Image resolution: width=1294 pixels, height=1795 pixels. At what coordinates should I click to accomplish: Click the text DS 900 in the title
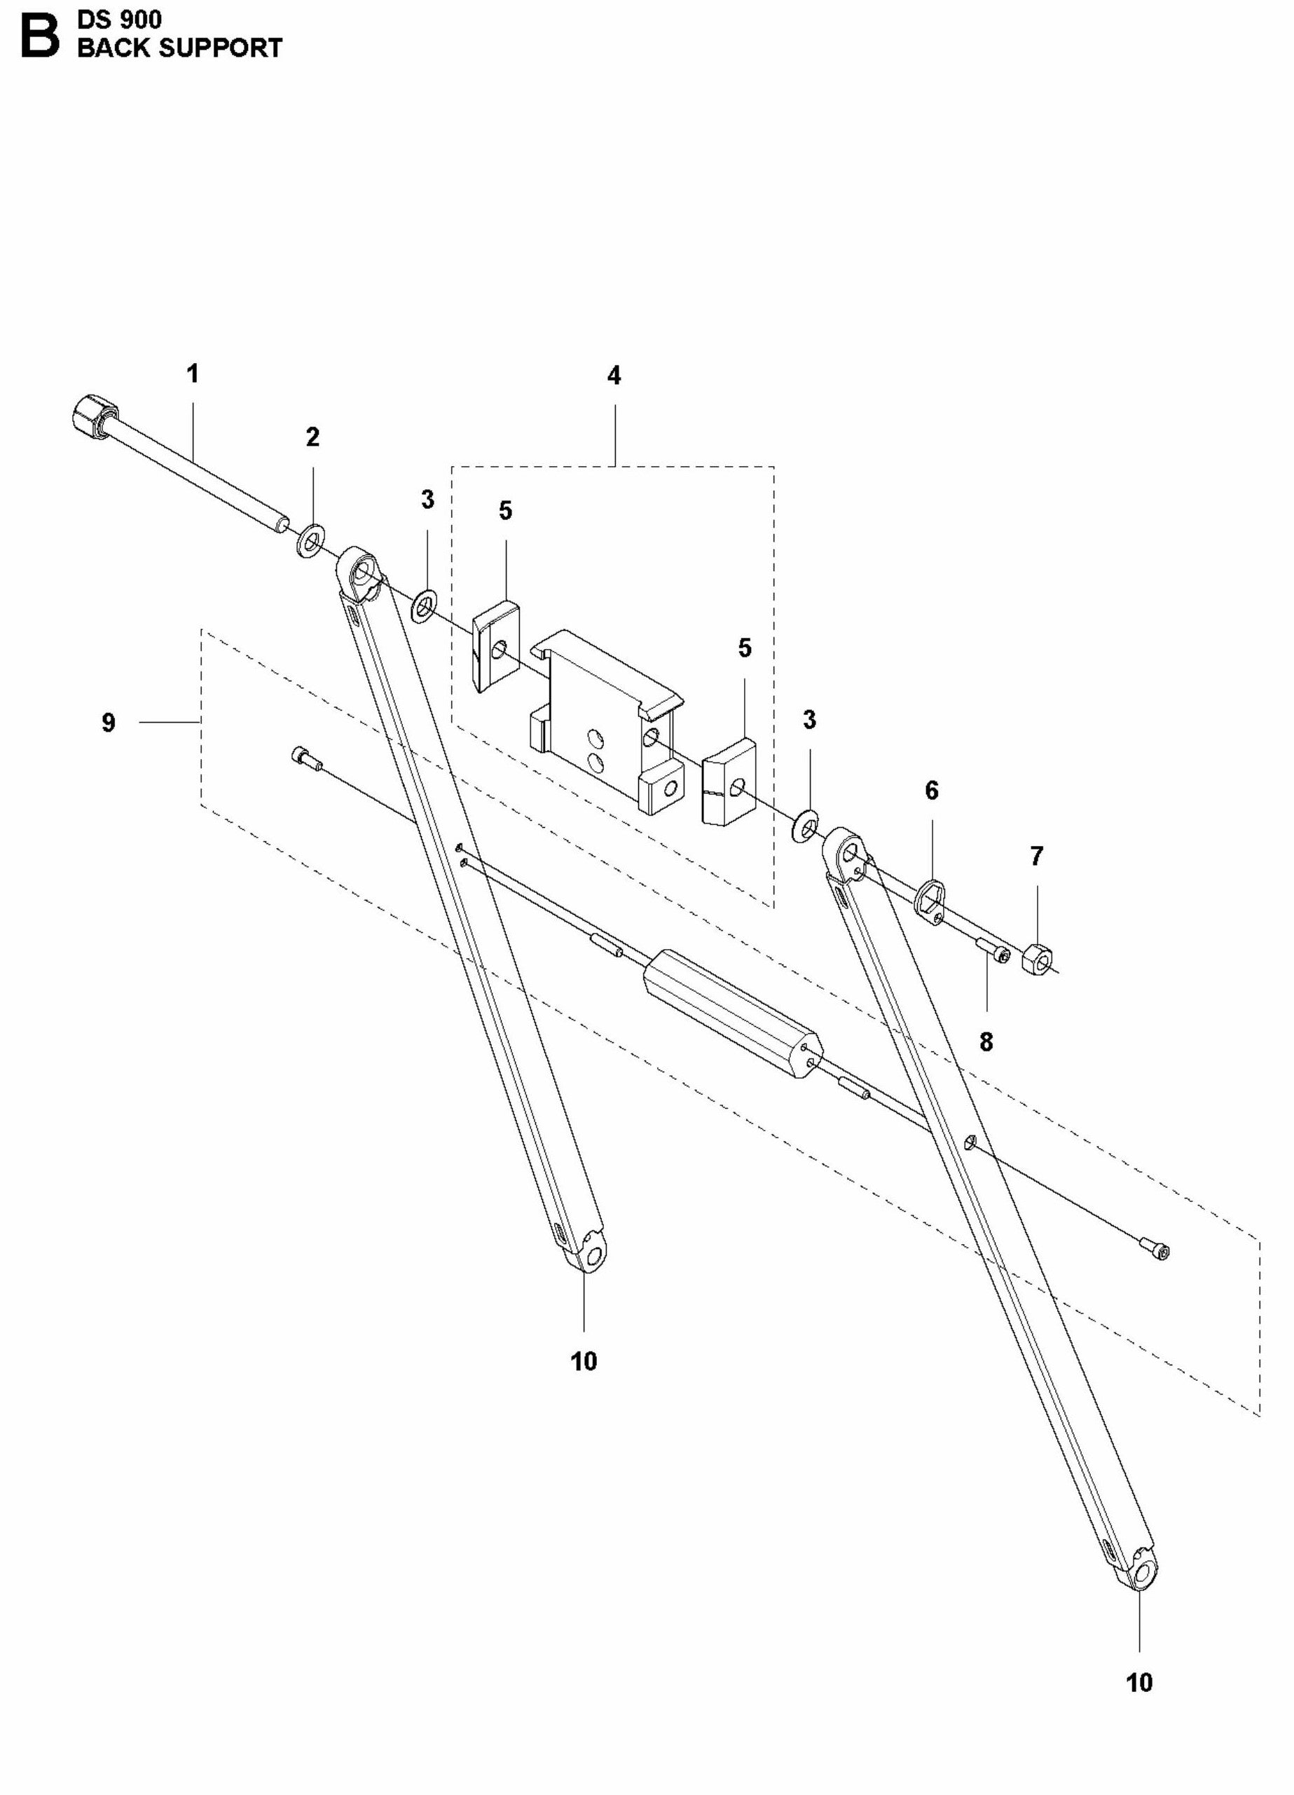[118, 19]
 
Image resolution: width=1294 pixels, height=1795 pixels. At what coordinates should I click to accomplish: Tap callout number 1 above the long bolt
[192, 374]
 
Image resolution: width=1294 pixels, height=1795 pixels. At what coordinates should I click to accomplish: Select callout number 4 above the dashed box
[614, 376]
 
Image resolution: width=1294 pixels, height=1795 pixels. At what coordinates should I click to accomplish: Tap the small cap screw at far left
[305, 758]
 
